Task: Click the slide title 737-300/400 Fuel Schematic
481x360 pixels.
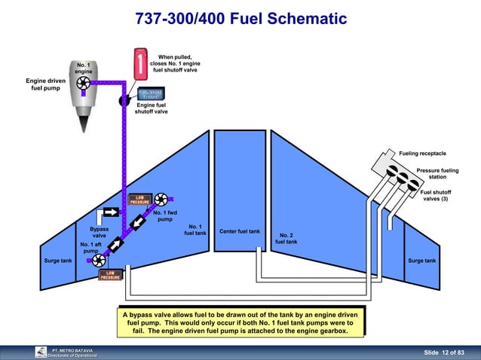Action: tap(240, 19)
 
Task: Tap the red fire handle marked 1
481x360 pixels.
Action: tap(141, 63)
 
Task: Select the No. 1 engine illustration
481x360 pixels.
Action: tap(84, 95)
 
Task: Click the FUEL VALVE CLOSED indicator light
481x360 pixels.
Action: tap(151, 95)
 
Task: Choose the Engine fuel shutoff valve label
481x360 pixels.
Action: tap(151, 108)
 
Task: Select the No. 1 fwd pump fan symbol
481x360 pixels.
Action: tap(161, 201)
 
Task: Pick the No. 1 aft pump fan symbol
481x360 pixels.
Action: tap(97, 261)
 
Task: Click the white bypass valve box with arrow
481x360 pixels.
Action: tap(111, 215)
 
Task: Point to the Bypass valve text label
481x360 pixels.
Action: tap(99, 232)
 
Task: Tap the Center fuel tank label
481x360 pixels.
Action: tap(240, 231)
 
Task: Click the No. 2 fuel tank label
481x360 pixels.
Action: tap(286, 238)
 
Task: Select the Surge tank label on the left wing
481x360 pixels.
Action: tap(58, 261)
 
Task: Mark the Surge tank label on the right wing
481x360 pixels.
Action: tap(421, 261)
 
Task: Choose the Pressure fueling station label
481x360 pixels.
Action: tap(437, 174)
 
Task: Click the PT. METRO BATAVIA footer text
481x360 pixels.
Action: tap(72, 350)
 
